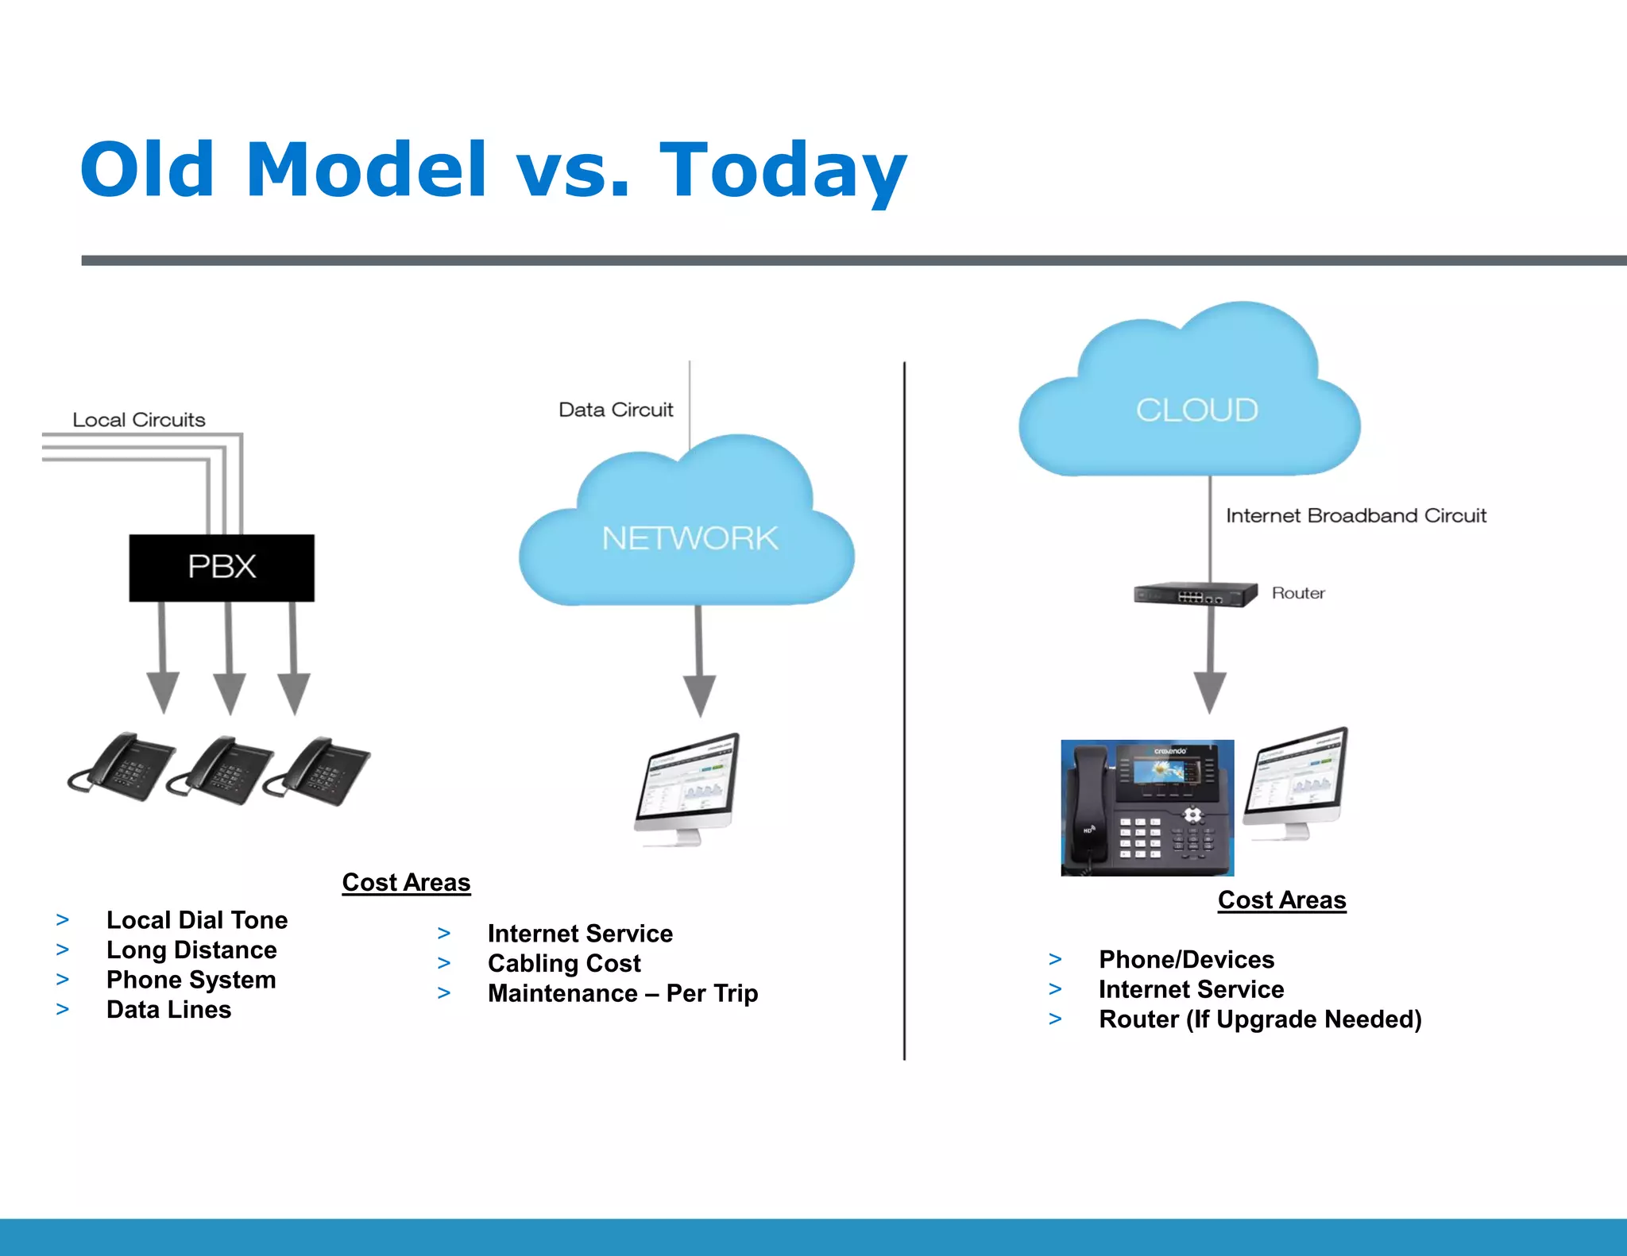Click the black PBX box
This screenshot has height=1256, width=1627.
point(222,567)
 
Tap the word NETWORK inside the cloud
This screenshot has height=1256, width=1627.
point(690,538)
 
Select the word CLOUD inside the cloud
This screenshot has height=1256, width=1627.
point(1196,410)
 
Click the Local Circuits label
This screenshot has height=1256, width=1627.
point(139,419)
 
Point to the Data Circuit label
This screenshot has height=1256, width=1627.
point(616,410)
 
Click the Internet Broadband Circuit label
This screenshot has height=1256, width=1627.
point(1355,515)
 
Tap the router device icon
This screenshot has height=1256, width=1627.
point(1195,595)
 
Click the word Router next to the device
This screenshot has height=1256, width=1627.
point(1298,593)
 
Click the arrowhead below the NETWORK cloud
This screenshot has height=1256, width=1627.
point(700,694)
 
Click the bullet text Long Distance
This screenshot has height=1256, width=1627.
point(191,950)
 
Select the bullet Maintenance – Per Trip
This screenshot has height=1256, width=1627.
point(623,993)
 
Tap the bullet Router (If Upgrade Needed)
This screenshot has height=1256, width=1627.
point(1260,1019)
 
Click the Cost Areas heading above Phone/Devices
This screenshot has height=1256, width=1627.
point(1281,900)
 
